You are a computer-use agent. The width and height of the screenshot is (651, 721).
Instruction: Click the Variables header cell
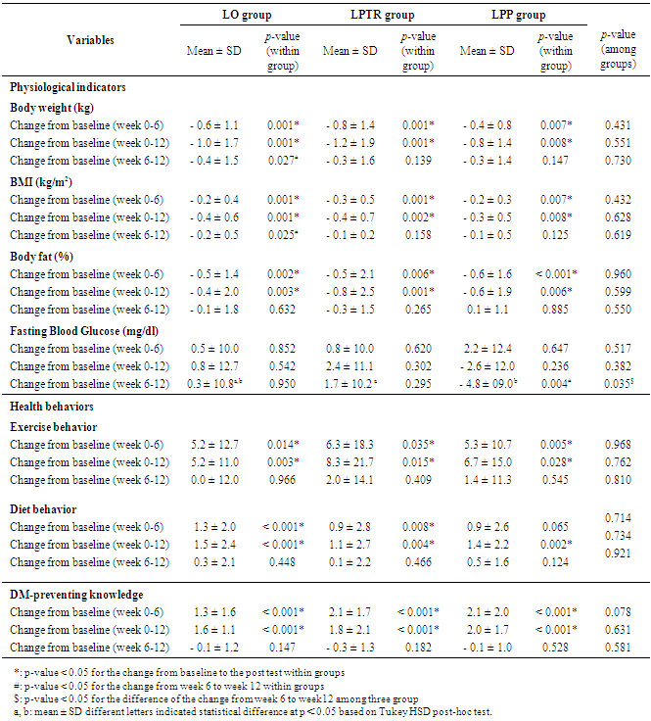pos(90,41)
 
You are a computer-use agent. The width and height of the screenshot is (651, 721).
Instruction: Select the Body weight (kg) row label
pos(53,107)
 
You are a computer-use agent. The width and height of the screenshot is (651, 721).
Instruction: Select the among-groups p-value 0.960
pos(618,273)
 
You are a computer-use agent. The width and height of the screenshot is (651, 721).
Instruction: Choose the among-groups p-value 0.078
pos(618,612)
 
